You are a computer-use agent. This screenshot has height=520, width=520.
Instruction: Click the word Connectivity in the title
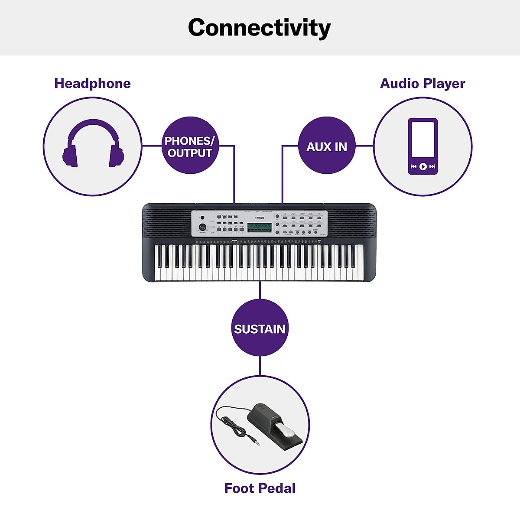259,28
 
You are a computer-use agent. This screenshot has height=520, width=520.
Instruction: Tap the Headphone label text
92,83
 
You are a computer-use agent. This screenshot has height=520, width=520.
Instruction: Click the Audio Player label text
422,83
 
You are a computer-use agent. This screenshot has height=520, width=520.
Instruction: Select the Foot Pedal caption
260,488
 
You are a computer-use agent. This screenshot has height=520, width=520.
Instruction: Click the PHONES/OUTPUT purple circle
190,146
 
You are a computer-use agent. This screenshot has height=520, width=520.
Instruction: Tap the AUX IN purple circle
327,146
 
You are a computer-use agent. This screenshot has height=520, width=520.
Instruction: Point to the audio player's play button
423,166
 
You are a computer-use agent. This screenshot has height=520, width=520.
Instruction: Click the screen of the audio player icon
422,140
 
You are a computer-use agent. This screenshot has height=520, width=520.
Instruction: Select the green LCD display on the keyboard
260,227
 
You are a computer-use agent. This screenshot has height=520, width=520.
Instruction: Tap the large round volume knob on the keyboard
202,227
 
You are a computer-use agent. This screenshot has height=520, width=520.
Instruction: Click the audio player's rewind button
413,166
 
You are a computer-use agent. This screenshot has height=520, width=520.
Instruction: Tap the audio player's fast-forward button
432,166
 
